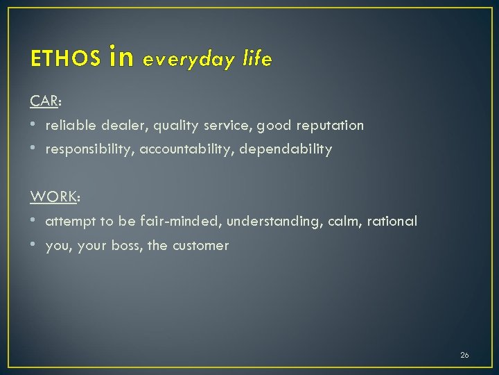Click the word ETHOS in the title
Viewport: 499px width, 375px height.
coord(65,60)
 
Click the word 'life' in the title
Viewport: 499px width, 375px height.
coord(257,59)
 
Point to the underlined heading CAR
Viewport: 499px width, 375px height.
coord(44,101)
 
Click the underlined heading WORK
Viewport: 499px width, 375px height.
coord(53,197)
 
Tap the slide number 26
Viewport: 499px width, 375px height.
coord(464,355)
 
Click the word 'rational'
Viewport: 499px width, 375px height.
coord(392,221)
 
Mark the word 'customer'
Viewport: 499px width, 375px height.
coord(200,245)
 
